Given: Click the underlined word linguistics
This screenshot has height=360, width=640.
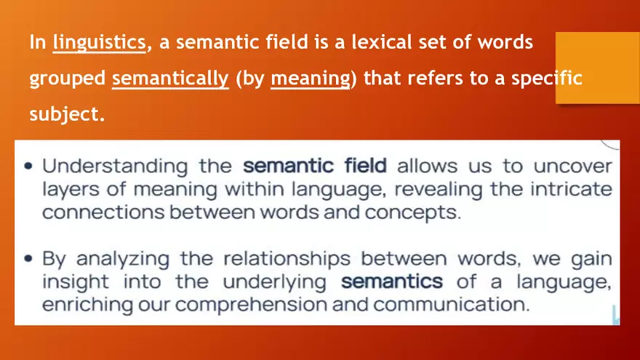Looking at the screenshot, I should coord(99,42).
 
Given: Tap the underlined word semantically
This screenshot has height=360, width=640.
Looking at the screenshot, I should coord(170,79).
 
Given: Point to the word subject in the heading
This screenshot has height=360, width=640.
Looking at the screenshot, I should coord(63,114).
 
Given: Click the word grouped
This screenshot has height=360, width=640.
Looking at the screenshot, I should coord(67,79).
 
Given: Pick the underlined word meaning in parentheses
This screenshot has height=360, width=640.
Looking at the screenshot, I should coord(310,79).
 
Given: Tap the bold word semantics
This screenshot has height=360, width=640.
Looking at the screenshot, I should coord(391,281).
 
